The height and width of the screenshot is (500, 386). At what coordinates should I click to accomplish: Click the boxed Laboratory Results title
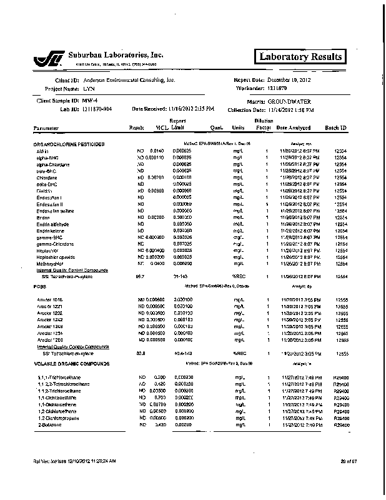click(x=300, y=57)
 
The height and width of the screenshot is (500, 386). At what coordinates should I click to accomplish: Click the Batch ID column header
click(x=336, y=127)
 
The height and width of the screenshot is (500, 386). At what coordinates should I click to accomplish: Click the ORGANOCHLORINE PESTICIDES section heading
click(x=69, y=144)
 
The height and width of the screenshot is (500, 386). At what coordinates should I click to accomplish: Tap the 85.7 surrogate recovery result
click(x=140, y=276)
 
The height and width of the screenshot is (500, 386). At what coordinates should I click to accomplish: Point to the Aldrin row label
click(x=42, y=151)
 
